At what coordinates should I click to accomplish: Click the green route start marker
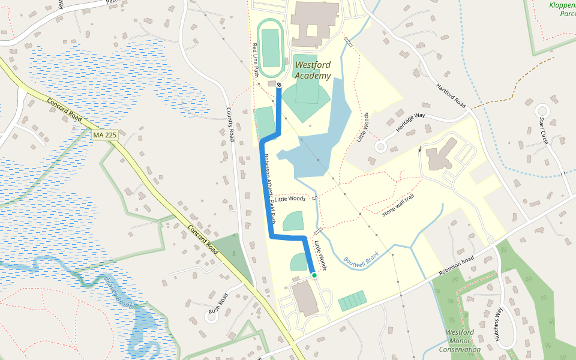pos(314,275)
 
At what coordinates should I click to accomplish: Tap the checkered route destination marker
pos(279,85)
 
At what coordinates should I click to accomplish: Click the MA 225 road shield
pos(104,136)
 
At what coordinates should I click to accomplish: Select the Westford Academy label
pos(313,70)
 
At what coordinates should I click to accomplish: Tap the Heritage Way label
pos(410,122)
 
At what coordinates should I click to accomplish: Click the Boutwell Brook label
pos(362,259)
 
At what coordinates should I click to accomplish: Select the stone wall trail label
pos(398,205)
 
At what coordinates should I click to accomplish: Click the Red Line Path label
pos(255,60)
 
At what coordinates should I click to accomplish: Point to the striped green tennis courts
pos(352,300)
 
